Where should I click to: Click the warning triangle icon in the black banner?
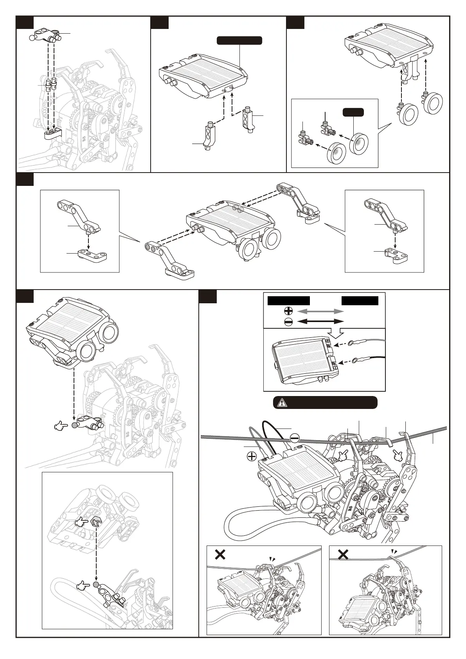(x=281, y=402)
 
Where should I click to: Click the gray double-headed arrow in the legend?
(x=320, y=311)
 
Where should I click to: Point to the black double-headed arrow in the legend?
(x=320, y=321)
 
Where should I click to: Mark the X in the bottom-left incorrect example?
(x=220, y=555)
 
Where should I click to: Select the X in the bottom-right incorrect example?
(x=343, y=555)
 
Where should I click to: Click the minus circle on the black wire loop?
(x=295, y=438)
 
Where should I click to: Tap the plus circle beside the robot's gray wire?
(x=252, y=456)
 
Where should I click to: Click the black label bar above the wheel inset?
(x=353, y=112)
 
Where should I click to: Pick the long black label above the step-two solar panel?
(x=239, y=40)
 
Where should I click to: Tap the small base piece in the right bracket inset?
(x=396, y=254)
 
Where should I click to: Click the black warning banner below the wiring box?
(x=325, y=402)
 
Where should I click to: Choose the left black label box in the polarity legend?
(x=289, y=301)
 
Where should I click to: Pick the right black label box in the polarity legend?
(x=360, y=301)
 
